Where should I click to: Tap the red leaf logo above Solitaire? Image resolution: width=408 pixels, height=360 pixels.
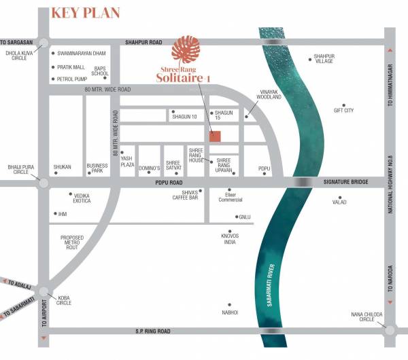(185, 51)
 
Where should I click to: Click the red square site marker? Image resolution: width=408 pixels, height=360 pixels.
(215, 136)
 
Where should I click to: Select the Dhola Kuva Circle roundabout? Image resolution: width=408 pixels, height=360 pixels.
(44, 43)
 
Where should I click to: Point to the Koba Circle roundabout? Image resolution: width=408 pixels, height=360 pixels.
(44, 290)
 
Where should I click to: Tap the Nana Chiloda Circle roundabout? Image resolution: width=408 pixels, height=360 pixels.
(390, 330)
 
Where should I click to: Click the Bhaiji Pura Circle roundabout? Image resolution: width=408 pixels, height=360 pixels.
(44, 183)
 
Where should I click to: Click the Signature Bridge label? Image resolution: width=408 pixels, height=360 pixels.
(345, 183)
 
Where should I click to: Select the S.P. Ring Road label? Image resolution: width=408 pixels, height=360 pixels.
(151, 331)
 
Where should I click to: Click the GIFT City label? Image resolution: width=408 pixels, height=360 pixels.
(344, 111)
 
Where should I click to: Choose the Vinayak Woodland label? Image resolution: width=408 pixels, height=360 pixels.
(263, 94)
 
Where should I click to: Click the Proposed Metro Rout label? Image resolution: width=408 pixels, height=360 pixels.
(72, 242)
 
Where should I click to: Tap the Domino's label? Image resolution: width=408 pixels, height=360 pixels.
(149, 168)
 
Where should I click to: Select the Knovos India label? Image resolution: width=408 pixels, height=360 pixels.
(229, 239)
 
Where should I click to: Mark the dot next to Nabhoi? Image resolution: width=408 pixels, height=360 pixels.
(229, 305)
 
